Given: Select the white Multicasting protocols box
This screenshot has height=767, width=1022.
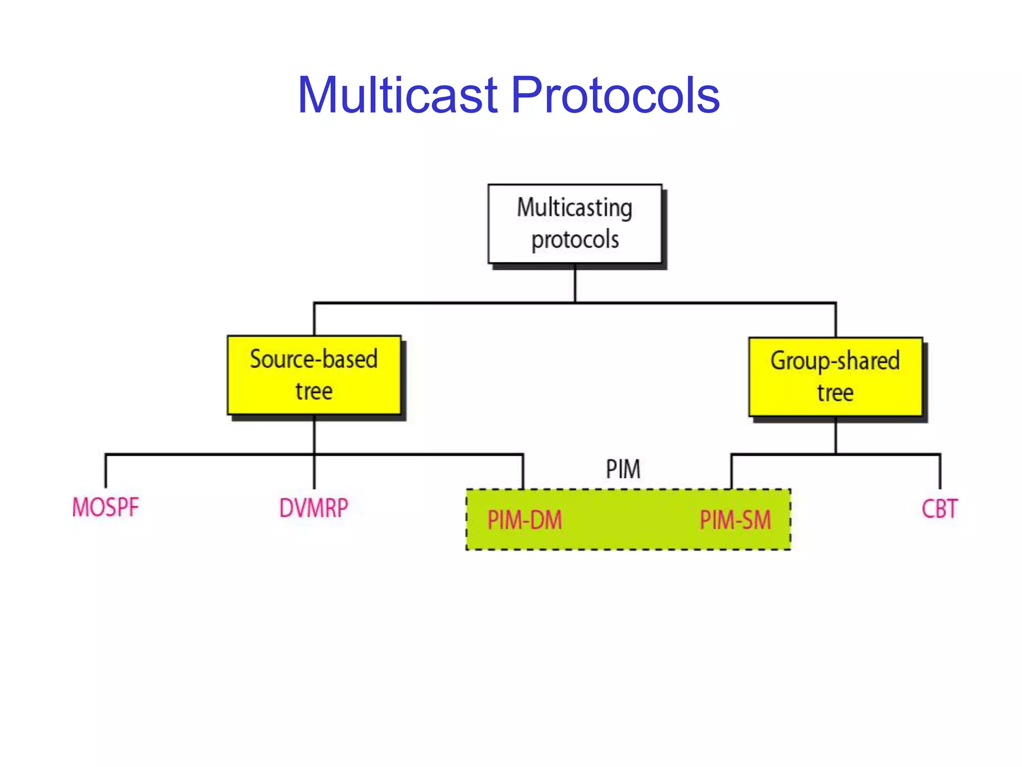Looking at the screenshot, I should click(575, 224).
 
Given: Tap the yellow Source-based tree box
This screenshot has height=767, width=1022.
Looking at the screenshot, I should click(314, 375).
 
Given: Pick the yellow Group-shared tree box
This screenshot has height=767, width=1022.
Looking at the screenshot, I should click(835, 377).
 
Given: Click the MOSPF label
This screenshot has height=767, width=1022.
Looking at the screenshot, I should click(105, 507).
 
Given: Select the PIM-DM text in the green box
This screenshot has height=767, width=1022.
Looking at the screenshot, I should click(524, 520).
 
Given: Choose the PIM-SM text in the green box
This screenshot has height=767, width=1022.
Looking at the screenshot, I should click(735, 520).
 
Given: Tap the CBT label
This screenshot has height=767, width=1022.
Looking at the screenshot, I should click(939, 509).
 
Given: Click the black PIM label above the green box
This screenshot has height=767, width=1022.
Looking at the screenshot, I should click(623, 469).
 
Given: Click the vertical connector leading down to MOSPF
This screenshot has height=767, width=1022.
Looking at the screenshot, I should click(106, 471).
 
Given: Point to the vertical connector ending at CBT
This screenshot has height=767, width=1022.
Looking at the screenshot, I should click(940, 472).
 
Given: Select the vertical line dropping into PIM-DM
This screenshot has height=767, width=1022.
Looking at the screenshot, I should click(523, 472).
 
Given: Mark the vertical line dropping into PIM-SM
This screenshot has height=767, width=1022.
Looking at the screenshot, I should click(732, 472).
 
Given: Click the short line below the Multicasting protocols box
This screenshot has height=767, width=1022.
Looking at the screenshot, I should click(575, 283).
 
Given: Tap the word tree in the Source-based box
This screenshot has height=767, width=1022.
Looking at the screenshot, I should click(314, 391).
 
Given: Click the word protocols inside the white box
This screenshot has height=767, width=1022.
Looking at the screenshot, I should click(575, 240).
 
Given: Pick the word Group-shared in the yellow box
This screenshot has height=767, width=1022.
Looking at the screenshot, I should click(835, 361).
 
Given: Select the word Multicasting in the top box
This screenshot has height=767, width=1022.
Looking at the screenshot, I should click(574, 208).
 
